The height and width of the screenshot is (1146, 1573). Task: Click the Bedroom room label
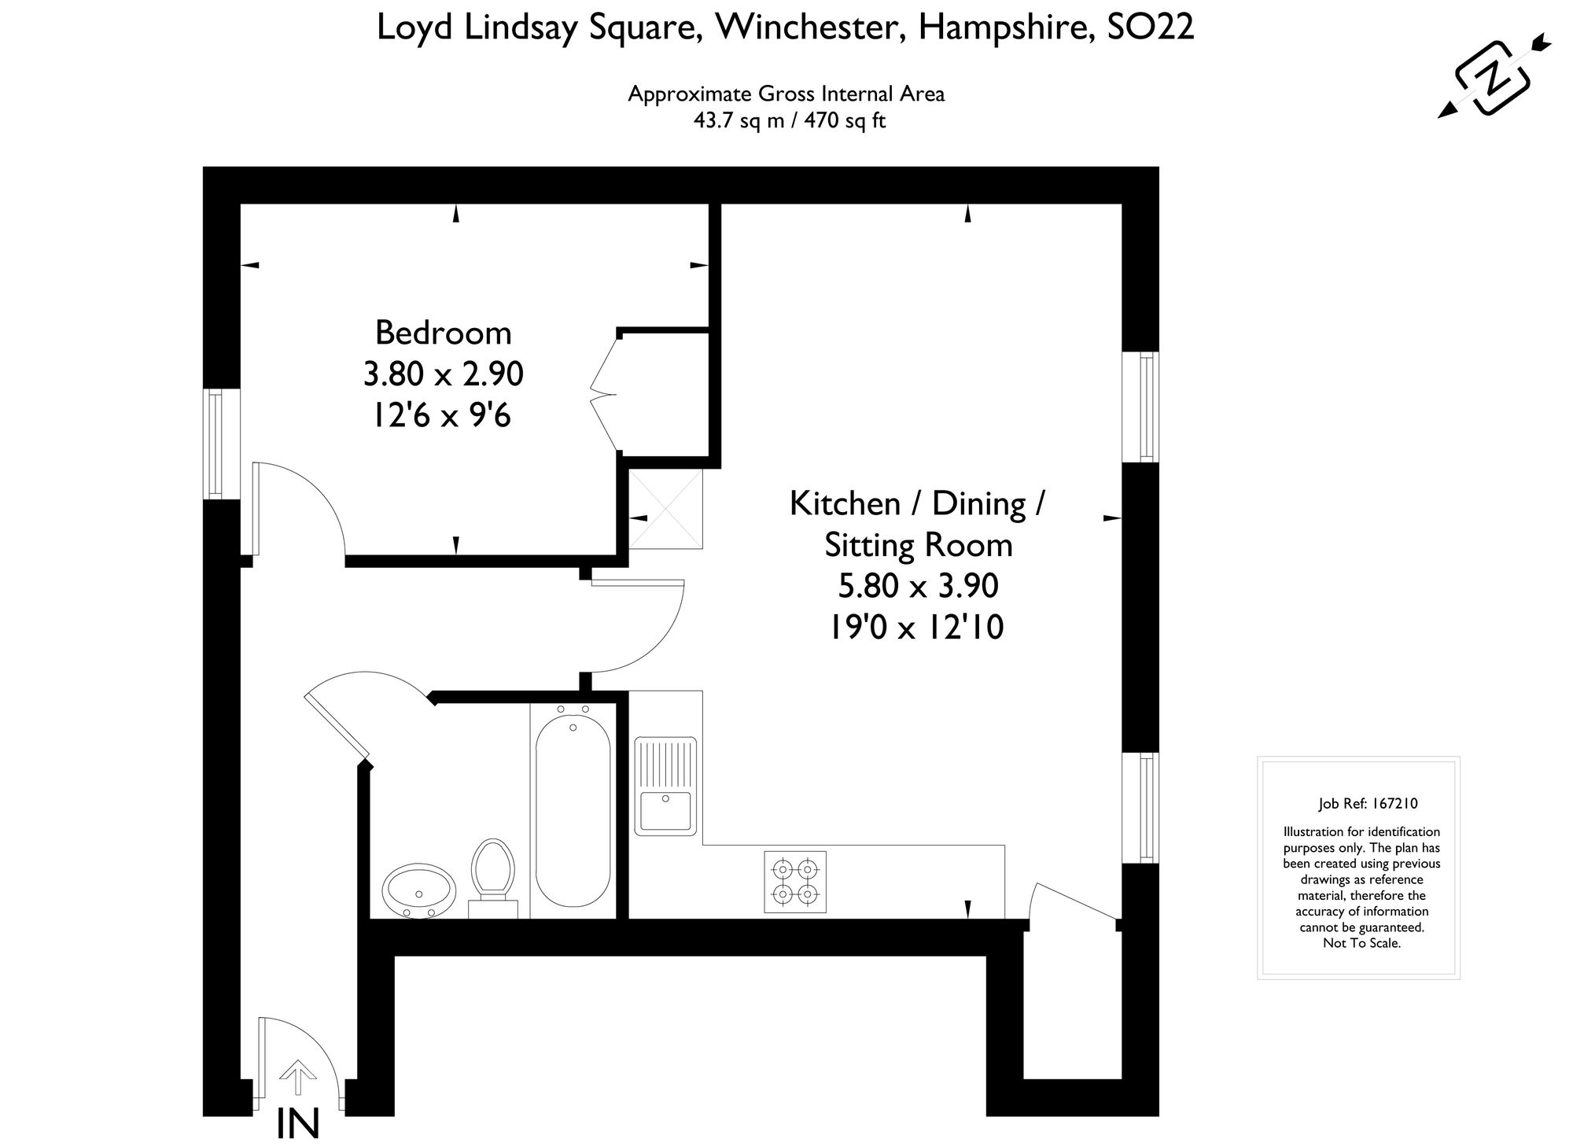pos(443,333)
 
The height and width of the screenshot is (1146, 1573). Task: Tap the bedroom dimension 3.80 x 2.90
pos(443,374)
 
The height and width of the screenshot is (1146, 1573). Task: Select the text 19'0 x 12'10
pos(916,627)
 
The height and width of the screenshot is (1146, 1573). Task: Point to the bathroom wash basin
pos(419,891)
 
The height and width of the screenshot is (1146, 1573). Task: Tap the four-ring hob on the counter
pos(795,882)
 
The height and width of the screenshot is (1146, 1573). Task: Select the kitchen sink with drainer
pos(665,787)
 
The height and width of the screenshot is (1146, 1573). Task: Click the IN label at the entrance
pos(298,1126)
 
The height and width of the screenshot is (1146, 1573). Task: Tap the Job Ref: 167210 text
pos(1368,804)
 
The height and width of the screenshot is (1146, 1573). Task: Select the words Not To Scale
pos(1361,943)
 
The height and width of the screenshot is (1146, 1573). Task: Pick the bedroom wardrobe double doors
pos(606,392)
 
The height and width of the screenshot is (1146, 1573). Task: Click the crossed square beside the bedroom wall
pos(665,509)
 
